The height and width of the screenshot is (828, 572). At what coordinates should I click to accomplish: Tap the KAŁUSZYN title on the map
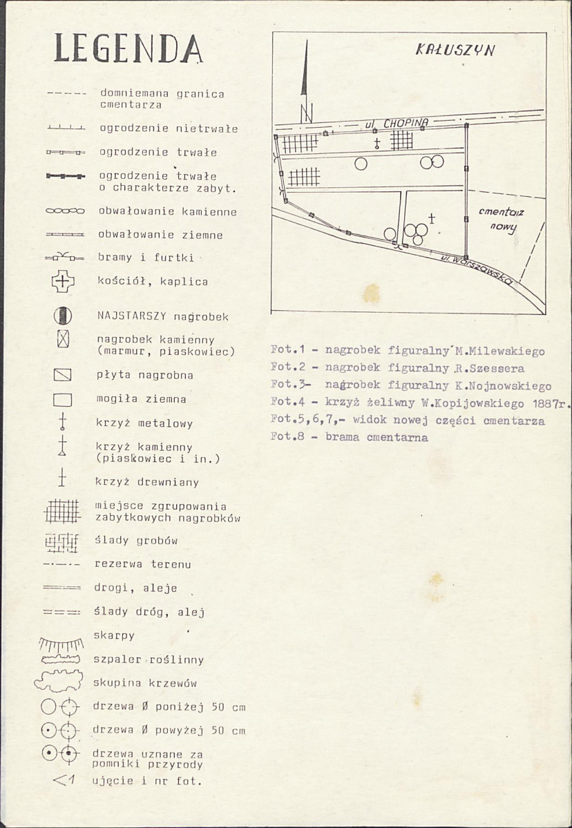click(x=455, y=50)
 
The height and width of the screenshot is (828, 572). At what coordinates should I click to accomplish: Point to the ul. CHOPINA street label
click(x=396, y=124)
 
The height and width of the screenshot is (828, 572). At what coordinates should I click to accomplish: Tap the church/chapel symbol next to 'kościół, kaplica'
click(x=63, y=281)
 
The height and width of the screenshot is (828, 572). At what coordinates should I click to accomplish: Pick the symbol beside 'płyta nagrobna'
click(x=62, y=375)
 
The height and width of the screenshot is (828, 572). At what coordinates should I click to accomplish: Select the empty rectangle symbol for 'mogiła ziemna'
click(x=62, y=399)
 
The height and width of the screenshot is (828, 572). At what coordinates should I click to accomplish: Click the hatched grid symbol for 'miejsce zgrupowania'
click(x=61, y=511)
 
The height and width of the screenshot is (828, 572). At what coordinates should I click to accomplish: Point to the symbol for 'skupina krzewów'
click(x=59, y=681)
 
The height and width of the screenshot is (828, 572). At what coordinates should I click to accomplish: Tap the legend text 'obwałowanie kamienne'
click(x=168, y=212)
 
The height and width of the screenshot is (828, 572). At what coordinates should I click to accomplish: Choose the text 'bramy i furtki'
click(x=146, y=258)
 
